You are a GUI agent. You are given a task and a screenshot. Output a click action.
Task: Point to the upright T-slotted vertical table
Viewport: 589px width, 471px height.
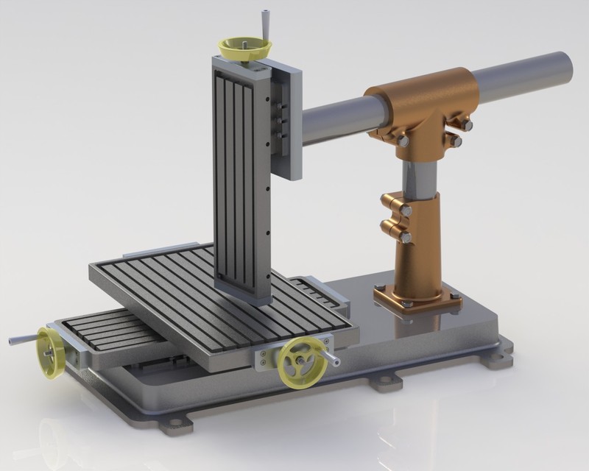click(x=239, y=184)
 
